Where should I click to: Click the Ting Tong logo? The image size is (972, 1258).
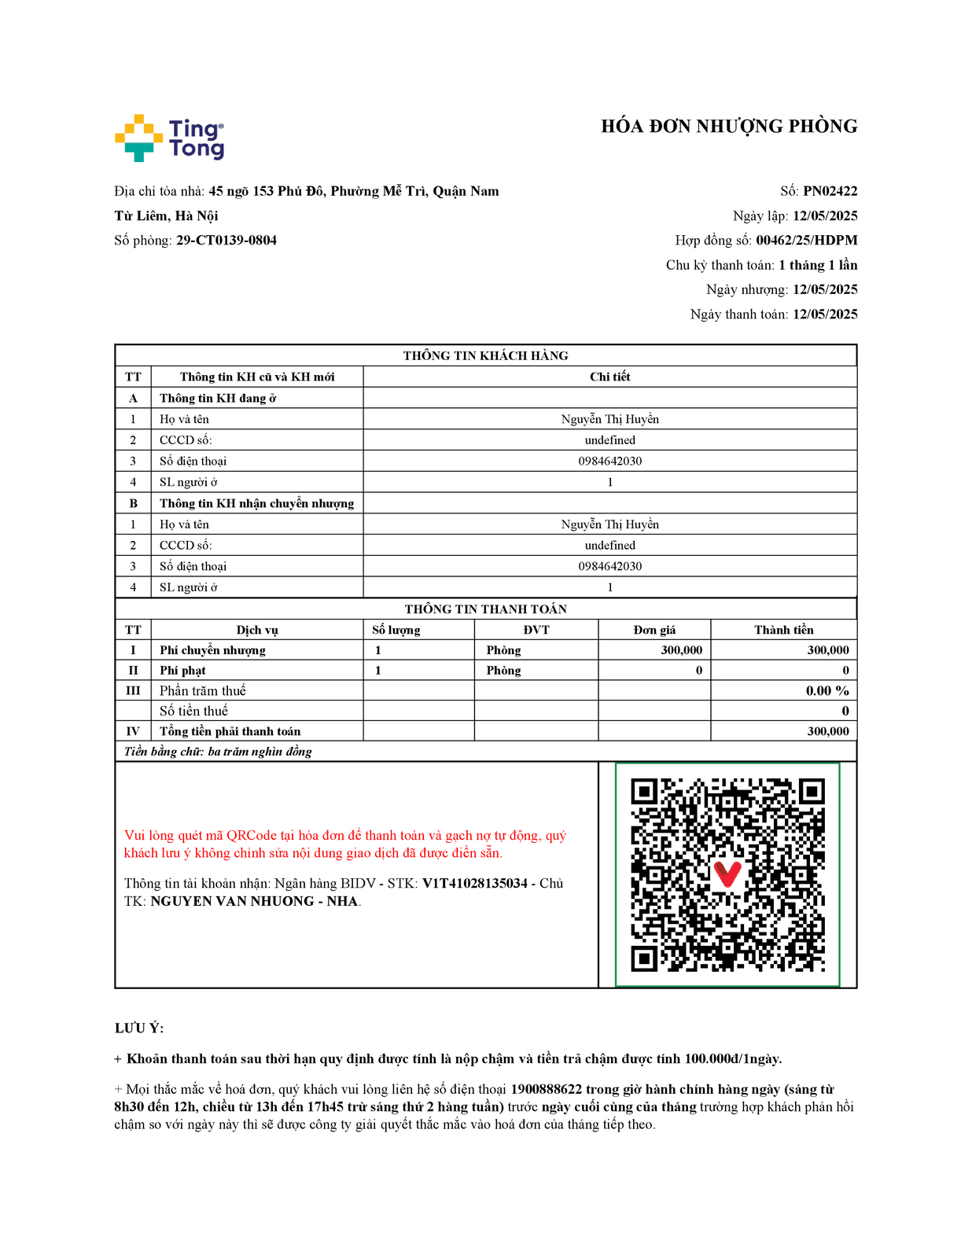pyautogui.click(x=169, y=138)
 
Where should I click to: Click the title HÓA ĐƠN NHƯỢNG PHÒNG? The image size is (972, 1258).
pyautogui.click(x=728, y=127)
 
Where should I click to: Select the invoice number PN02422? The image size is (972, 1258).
pyautogui.click(x=830, y=191)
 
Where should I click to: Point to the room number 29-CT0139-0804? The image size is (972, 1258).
pyautogui.click(x=226, y=241)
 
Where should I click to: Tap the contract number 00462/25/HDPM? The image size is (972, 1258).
pyautogui.click(x=806, y=241)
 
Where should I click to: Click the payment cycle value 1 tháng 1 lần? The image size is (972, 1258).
pyautogui.click(x=818, y=265)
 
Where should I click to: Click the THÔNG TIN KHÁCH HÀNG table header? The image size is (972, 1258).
pyautogui.click(x=485, y=355)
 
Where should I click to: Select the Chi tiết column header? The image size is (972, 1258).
pyautogui.click(x=609, y=377)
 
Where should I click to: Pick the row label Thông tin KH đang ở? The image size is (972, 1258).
pyautogui.click(x=218, y=398)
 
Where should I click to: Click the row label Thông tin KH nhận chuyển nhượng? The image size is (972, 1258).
pyautogui.click(x=256, y=503)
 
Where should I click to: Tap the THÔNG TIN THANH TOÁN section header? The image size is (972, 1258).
pyautogui.click(x=485, y=609)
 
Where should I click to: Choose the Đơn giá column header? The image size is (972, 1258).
pyautogui.click(x=654, y=630)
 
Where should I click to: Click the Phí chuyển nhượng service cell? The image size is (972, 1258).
pyautogui.click(x=212, y=650)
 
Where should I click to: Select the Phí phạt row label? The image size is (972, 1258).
pyautogui.click(x=182, y=671)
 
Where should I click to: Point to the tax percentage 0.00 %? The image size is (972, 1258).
pyautogui.click(x=827, y=690)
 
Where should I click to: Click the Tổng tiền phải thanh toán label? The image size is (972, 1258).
pyautogui.click(x=230, y=731)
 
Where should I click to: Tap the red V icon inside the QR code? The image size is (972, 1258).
pyautogui.click(x=727, y=874)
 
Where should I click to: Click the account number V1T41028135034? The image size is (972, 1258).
pyautogui.click(x=475, y=883)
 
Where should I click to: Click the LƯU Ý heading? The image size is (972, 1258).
pyautogui.click(x=139, y=1028)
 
